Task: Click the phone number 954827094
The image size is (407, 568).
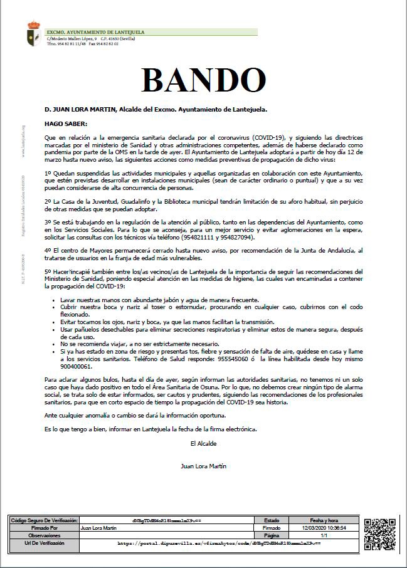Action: pos(235,238)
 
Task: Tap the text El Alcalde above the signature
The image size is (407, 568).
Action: pos(203,443)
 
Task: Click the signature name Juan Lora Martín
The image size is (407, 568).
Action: pos(203,466)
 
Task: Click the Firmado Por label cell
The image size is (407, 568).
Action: pos(43,528)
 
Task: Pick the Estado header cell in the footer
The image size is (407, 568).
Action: pos(272,520)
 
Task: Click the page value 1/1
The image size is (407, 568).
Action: pos(325,535)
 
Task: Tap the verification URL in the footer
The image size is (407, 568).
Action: pos(219,544)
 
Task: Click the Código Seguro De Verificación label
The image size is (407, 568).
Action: pos(43,520)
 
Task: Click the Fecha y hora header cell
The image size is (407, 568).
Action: pos(325,520)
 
